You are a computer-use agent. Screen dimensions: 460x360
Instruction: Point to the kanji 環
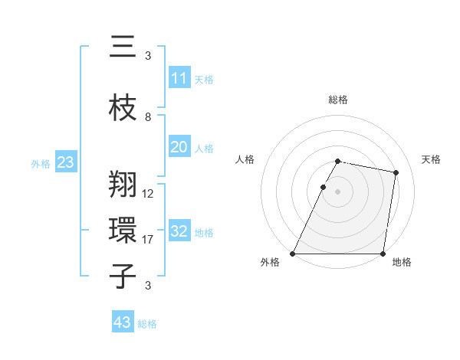tap(123, 230)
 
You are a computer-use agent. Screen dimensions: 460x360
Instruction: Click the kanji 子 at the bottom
tap(123, 276)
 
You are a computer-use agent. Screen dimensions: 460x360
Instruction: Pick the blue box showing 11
tap(179, 78)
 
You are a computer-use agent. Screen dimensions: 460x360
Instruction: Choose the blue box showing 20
tap(179, 147)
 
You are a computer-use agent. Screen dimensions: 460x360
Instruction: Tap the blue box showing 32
tap(179, 231)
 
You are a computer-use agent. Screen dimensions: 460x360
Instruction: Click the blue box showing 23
tap(65, 162)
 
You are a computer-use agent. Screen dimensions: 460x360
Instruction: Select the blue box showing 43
tap(122, 322)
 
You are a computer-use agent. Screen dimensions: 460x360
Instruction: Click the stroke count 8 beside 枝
tap(148, 117)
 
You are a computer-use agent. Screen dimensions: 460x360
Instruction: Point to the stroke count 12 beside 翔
tap(148, 194)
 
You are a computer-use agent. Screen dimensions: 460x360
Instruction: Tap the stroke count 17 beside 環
tap(148, 240)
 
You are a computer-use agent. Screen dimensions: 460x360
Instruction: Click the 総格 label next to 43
tap(147, 324)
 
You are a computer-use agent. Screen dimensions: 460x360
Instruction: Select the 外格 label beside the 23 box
tap(41, 163)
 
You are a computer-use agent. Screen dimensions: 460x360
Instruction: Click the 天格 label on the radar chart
tap(431, 159)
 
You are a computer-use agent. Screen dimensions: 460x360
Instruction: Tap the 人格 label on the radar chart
tap(245, 159)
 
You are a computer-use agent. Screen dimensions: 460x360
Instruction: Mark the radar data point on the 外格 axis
tap(293, 254)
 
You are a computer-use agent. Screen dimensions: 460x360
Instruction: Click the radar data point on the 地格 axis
tap(383, 254)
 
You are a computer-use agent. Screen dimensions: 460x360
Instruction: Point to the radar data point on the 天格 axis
tap(396, 173)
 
